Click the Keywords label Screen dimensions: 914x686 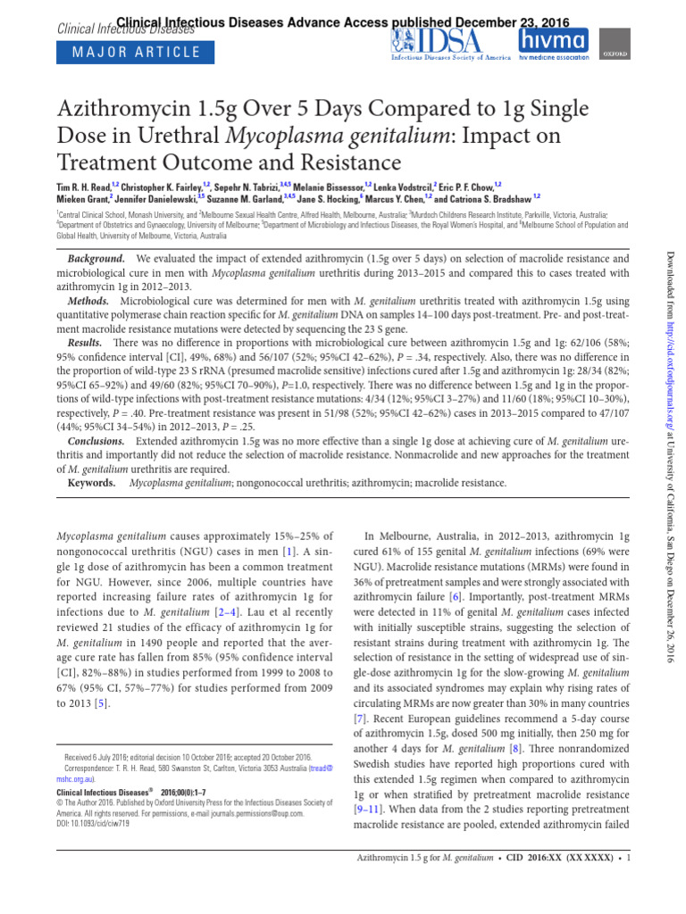(x=92, y=484)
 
